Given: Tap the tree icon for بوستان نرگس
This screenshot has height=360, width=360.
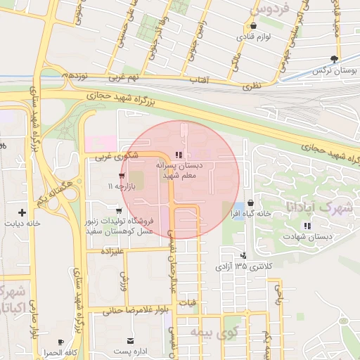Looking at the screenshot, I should pos(334,60).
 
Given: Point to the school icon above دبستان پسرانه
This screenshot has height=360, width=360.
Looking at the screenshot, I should pos(179,155).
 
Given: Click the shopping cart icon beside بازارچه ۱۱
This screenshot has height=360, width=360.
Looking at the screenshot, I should pos(122,176).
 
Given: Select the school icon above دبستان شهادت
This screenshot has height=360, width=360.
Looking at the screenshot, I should pos(307,225).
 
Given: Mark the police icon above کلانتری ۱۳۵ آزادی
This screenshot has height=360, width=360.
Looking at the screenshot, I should pos(243,256).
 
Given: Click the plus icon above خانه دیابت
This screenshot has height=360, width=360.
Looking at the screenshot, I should pos(22,212).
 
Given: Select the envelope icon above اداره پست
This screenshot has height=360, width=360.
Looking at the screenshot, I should pos(130,340).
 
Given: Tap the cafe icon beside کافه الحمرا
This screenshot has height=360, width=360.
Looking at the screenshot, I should pos(61,342).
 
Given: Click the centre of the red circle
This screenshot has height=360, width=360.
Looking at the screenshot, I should pos(180,180).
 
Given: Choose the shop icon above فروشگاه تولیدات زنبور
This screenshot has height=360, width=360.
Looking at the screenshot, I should pos(117,210).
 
